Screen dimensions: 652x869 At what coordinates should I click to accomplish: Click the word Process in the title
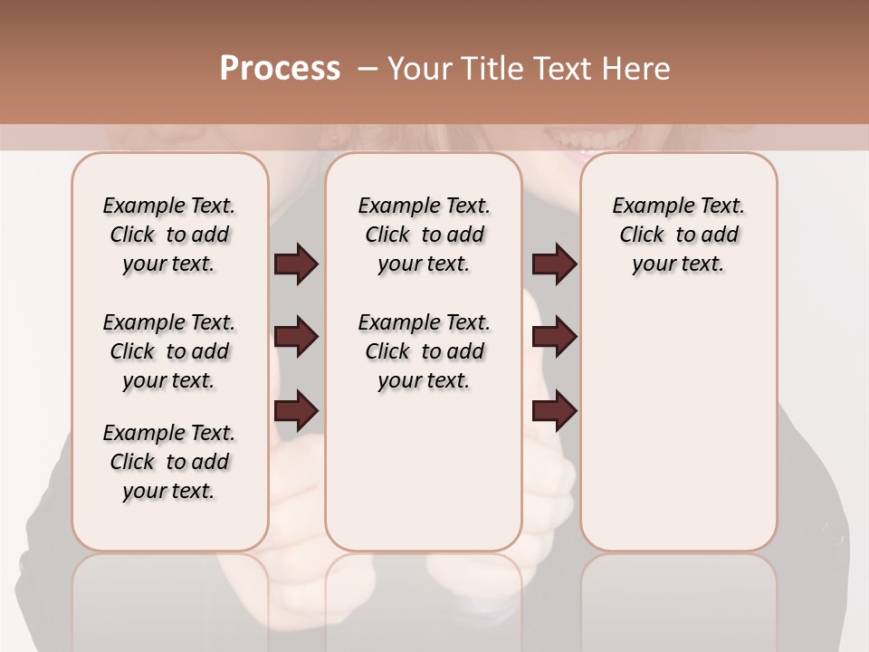pos(280,68)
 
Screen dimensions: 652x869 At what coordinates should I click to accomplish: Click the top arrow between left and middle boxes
pos(296,264)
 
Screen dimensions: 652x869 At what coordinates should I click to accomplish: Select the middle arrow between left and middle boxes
pos(296,338)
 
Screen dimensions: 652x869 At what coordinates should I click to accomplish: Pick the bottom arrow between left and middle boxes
pos(296,411)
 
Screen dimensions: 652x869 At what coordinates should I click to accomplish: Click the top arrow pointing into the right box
pos(554,264)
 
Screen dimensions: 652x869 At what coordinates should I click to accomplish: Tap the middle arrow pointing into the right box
pos(554,338)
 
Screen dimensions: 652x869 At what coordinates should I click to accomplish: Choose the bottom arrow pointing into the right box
pos(554,411)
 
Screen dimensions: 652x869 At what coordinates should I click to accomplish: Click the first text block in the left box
pos(169,235)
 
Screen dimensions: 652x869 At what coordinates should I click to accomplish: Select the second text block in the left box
pos(169,351)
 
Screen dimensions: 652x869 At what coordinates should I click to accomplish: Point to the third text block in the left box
pos(169,462)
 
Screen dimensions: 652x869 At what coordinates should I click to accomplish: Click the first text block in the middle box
pos(424,235)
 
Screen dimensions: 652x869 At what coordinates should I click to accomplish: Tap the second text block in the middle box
pos(424,351)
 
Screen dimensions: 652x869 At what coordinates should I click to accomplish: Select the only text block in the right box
pos(678,235)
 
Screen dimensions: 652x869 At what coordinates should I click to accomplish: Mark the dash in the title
pos(368,69)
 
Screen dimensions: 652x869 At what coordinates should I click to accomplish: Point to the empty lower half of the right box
pos(678,435)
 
